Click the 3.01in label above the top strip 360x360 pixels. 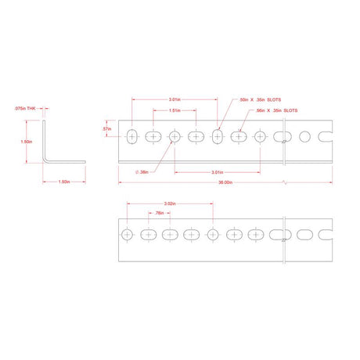click(175, 99)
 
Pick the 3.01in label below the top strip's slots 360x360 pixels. click(220, 171)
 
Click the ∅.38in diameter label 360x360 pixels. click(142, 171)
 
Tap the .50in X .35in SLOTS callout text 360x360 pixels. click(261, 99)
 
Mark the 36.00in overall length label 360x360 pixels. click(225, 182)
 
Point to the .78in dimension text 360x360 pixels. click(158, 212)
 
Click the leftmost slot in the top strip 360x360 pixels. click(131, 137)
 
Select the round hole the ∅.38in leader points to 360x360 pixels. click(175, 137)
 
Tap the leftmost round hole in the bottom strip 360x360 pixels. click(127, 234)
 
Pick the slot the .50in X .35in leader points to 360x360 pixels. click(218, 137)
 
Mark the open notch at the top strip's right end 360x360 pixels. click(331, 137)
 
